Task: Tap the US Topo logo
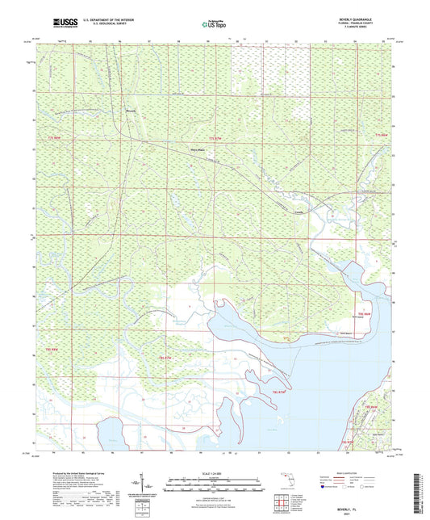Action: point(215,25)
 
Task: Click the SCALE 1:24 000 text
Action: point(215,473)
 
